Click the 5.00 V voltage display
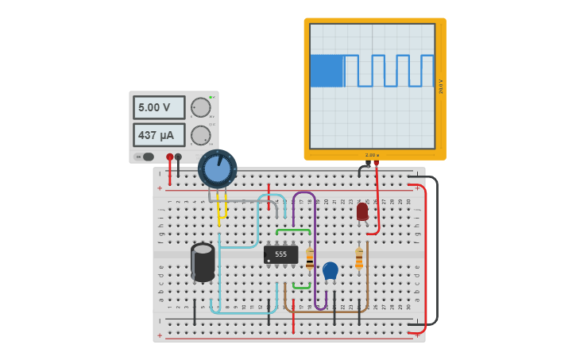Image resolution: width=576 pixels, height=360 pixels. point(159,107)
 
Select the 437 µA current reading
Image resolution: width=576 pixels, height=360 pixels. point(159,135)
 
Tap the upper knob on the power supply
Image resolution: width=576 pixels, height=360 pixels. point(201,107)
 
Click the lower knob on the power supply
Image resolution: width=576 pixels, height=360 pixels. point(201,135)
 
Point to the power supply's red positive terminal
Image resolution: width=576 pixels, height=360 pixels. point(169,157)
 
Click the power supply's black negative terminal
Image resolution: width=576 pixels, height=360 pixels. point(178,157)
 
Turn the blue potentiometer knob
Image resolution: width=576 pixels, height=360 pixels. point(217,168)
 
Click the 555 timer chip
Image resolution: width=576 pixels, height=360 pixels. point(280,254)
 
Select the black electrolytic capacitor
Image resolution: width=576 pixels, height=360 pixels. point(203,262)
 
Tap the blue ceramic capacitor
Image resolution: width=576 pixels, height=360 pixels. point(331,271)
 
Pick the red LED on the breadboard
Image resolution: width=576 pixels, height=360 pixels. point(362,211)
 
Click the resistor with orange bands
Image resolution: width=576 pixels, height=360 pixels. point(359,258)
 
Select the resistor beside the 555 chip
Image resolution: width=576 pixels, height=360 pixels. point(310,258)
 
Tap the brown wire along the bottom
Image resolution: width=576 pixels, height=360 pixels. point(326,311)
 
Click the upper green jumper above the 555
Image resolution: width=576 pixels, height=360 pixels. point(293,230)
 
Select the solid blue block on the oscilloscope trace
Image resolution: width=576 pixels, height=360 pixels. point(326,71)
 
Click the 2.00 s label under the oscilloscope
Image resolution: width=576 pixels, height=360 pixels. point(372,155)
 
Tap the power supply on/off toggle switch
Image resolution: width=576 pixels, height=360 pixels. point(148,157)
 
